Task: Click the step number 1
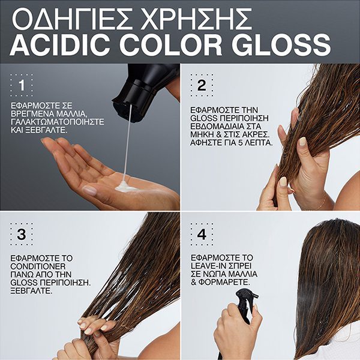point(22,86)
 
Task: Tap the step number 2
point(201,86)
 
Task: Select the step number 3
point(22,235)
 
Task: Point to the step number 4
point(201,235)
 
